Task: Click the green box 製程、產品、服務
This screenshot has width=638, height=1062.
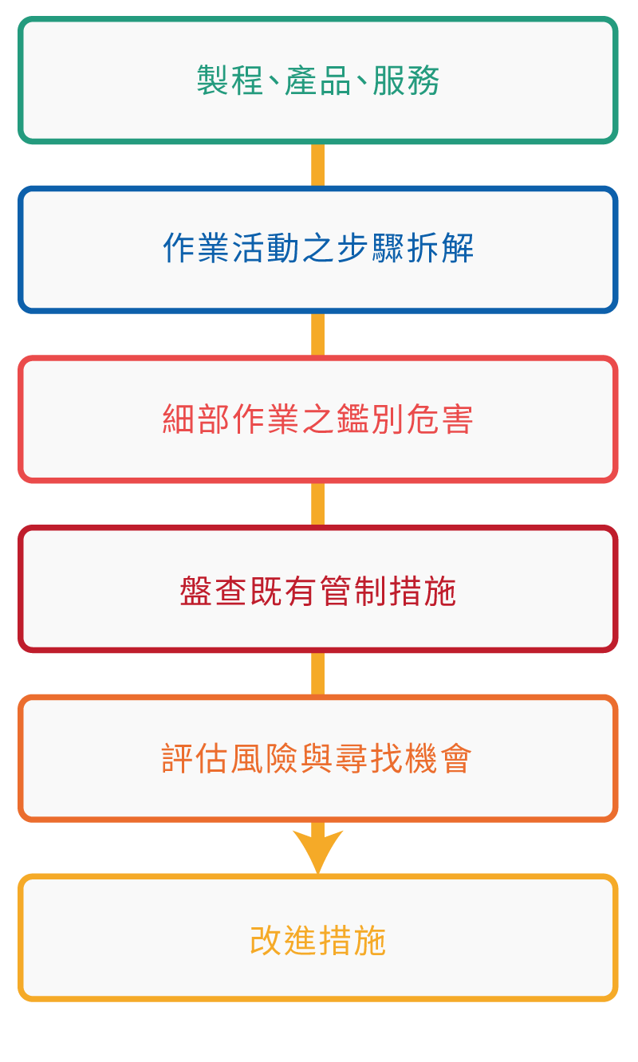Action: tap(318, 80)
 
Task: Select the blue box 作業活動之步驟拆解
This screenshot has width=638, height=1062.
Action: tap(318, 250)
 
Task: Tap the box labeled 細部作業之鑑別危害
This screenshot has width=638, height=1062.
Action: tap(318, 419)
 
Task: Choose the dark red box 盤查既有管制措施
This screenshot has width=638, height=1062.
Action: tap(318, 589)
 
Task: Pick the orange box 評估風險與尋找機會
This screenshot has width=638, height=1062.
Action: tap(318, 758)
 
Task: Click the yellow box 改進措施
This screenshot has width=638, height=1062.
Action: tap(318, 938)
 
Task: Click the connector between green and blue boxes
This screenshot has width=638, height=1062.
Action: tap(318, 165)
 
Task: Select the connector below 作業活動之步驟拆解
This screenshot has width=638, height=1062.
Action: tap(318, 335)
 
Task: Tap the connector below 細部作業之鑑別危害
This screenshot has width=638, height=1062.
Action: tap(318, 505)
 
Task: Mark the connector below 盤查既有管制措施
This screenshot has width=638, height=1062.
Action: tap(318, 674)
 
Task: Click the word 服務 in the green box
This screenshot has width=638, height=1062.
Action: tap(406, 80)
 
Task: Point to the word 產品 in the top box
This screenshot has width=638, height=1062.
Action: tap(318, 80)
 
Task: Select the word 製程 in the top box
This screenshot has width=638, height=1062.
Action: tap(230, 80)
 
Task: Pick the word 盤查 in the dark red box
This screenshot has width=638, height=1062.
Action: tap(213, 591)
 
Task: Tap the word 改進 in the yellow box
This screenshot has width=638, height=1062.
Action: tap(284, 940)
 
